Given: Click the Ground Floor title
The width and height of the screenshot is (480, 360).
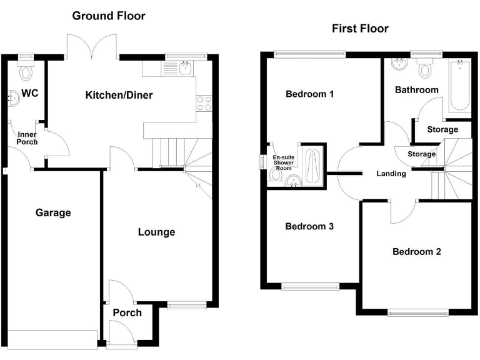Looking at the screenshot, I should (x=109, y=16).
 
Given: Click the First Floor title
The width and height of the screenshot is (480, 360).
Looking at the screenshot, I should (x=359, y=29).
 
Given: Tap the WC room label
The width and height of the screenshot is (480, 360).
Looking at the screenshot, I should (x=30, y=94).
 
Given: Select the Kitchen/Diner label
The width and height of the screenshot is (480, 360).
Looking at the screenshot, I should (x=119, y=95).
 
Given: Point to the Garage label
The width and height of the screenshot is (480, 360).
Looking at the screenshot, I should (x=53, y=212).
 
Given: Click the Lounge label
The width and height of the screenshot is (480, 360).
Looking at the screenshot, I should (x=156, y=232).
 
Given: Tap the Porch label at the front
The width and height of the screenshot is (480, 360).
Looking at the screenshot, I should (x=127, y=312).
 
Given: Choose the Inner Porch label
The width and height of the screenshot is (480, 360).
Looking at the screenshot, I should (x=27, y=138).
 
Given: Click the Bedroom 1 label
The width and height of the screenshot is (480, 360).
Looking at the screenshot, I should (x=309, y=94).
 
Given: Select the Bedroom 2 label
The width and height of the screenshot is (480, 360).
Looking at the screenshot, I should (x=417, y=252).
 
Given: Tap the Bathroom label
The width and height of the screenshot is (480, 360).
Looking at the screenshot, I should (x=417, y=90).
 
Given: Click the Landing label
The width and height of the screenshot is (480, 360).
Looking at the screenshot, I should (x=391, y=174).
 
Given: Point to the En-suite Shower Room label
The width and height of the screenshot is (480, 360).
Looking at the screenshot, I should (x=284, y=162).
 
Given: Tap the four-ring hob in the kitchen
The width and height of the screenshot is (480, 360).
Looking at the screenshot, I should (x=204, y=102).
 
